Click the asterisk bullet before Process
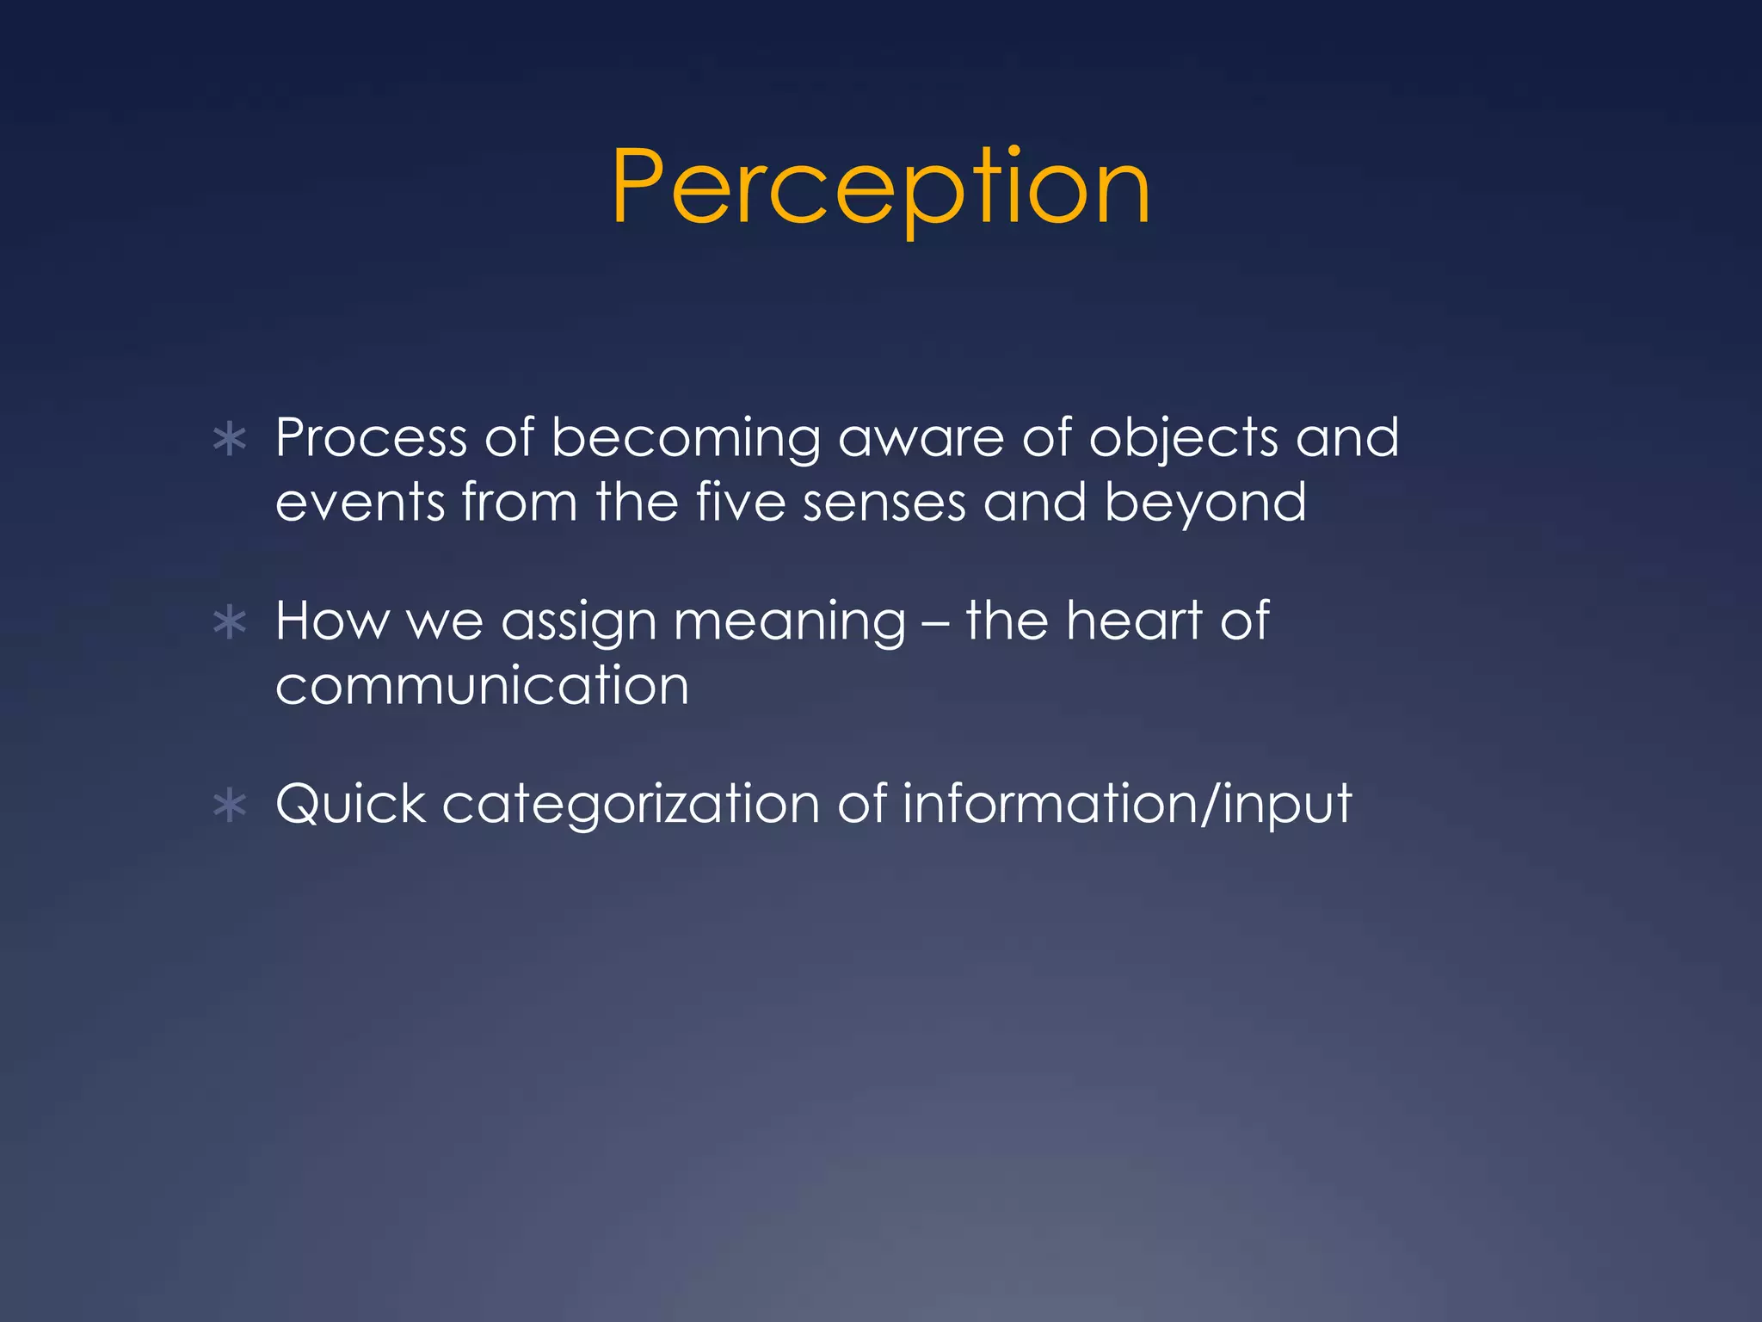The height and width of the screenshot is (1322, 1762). (x=230, y=440)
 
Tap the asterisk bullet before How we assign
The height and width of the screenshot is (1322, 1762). (x=230, y=622)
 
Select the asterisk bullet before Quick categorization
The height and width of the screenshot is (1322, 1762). (x=230, y=806)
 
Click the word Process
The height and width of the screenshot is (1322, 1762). (x=371, y=438)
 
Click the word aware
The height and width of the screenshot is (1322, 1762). (x=921, y=438)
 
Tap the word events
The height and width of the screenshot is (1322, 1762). (x=360, y=503)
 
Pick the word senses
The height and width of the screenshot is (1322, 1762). (x=884, y=503)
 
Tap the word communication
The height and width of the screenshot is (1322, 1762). (x=482, y=686)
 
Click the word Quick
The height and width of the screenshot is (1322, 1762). (x=350, y=805)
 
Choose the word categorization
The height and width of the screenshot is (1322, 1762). (x=631, y=806)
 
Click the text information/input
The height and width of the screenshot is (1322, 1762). (x=1127, y=805)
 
